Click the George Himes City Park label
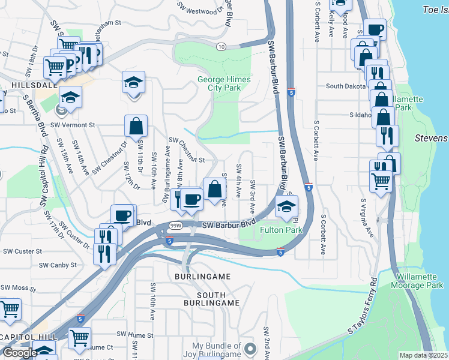click(220, 83)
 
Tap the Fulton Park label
click(281, 230)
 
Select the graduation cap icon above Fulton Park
click(286, 206)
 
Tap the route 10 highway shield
click(221, 46)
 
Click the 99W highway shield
click(175, 226)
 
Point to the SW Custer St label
click(22, 251)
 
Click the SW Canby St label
click(58, 265)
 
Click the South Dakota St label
click(346, 86)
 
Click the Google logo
click(20, 353)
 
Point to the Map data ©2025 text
click(424, 355)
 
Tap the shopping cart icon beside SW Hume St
click(79, 338)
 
